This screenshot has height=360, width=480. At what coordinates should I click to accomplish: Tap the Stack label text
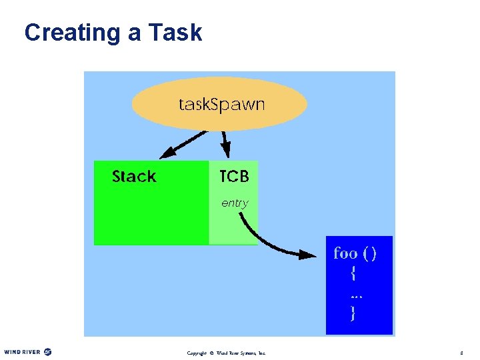134,177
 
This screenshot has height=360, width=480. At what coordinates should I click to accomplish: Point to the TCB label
234,177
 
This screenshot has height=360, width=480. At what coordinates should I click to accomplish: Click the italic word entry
235,203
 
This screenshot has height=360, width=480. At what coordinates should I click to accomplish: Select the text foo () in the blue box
355,253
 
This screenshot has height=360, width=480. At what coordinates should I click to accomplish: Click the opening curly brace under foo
353,273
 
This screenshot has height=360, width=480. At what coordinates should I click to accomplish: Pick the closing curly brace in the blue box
353,313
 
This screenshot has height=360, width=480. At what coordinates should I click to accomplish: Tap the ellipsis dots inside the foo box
356,295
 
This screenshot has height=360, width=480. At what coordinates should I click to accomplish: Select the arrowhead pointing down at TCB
226,153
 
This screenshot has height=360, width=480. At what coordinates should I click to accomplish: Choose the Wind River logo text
22,351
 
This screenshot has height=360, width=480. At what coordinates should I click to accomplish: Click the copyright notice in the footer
226,352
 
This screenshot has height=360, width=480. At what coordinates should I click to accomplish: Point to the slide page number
461,352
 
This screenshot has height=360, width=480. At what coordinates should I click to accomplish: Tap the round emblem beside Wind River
47,351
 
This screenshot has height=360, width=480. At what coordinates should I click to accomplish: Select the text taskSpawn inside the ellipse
221,105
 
